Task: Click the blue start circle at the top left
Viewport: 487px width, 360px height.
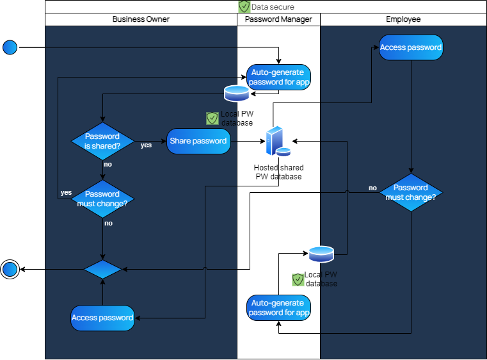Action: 10,47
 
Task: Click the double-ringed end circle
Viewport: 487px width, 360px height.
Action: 10,270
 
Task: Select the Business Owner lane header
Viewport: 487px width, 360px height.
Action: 141,19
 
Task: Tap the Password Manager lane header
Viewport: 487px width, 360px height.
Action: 278,19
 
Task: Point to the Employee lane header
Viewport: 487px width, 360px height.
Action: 403,19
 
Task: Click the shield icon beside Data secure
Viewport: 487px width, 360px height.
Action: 244,6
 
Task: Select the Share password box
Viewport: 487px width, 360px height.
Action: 198,141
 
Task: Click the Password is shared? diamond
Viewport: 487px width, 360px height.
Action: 102,141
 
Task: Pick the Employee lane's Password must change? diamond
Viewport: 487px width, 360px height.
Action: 410,192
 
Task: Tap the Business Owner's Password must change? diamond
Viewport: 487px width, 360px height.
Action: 102,199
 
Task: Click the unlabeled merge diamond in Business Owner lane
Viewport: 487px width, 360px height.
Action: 102,270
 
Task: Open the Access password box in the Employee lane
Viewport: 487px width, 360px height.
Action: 411,48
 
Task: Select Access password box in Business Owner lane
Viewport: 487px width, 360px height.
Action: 102,318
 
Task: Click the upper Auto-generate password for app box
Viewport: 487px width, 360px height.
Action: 279,78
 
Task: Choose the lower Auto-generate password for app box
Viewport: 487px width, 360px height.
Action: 279,308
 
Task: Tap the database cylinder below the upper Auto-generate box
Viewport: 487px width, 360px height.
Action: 237,94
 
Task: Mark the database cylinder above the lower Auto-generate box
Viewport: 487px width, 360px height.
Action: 321,254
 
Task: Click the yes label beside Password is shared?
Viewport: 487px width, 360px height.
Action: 147,145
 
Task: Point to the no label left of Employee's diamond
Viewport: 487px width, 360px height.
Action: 372,188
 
